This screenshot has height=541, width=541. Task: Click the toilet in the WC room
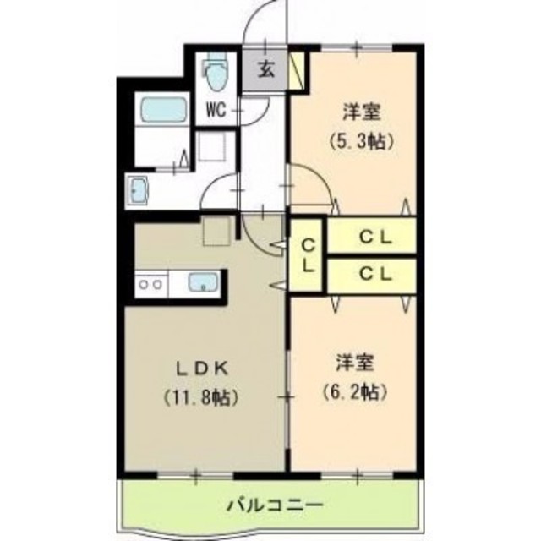217,75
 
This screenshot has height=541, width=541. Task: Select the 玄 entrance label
265,70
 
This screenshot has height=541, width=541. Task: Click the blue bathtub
163,110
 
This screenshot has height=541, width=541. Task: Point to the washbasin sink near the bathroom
138,189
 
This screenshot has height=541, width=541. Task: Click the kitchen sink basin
204,283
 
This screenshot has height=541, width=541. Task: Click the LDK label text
200,368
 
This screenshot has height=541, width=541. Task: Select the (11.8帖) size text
200,395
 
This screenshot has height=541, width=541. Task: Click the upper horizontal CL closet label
373,238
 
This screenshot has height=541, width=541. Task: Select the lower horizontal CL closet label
373,273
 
